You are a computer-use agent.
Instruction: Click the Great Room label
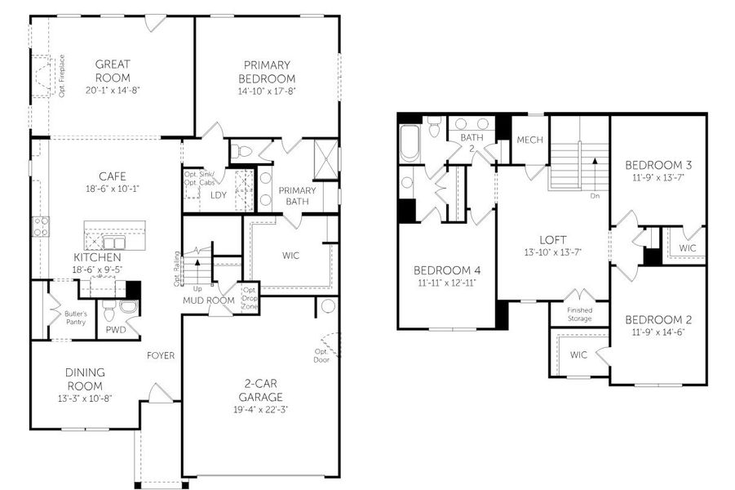click(113, 71)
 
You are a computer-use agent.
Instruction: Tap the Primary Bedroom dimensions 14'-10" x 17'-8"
click(267, 91)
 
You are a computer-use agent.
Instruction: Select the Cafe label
click(113, 176)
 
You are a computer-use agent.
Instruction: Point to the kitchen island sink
click(114, 243)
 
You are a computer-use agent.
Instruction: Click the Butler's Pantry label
click(76, 318)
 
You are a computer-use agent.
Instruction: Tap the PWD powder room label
click(116, 330)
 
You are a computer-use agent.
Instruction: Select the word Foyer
click(161, 356)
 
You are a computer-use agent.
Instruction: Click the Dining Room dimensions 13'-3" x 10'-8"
click(85, 399)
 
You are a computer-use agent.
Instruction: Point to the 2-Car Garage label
click(260, 390)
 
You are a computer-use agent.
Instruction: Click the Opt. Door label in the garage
click(321, 355)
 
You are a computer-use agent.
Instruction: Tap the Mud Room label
click(209, 301)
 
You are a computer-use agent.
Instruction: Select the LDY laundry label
click(219, 195)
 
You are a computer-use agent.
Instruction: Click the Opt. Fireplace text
click(62, 76)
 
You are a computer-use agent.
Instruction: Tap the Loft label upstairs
click(553, 240)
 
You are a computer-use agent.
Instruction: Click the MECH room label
click(529, 140)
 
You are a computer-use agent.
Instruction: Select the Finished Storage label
click(580, 314)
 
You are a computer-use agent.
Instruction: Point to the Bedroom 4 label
click(447, 270)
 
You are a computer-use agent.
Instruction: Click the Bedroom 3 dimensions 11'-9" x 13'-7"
click(658, 177)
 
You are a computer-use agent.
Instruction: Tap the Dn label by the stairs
click(595, 196)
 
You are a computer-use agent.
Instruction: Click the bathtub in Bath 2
click(410, 143)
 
